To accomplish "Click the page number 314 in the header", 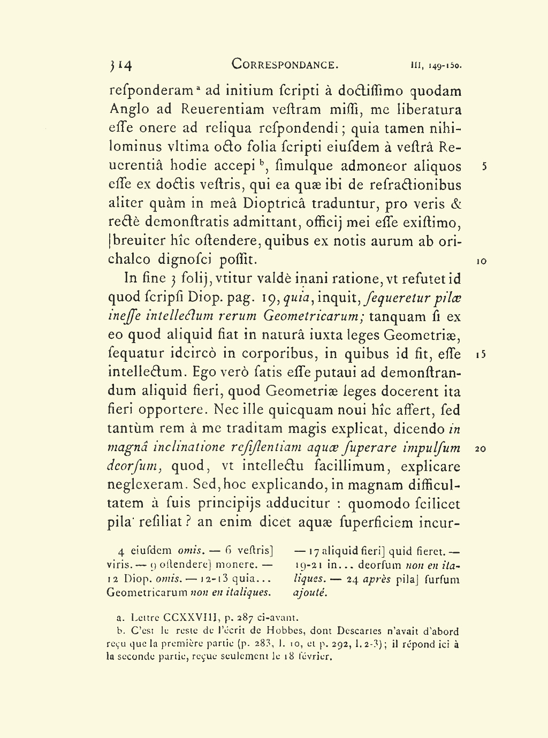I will pos(121,65).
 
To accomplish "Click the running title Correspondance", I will pos(285,65).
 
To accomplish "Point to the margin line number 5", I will pos(484,166).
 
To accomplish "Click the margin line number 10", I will pos(481,261).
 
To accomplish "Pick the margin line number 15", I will pos(480,354).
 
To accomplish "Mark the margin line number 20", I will pos(480,448).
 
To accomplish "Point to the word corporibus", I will pos(280,354).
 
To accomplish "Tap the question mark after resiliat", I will pos(188,522).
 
